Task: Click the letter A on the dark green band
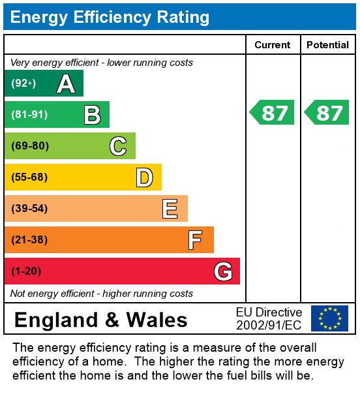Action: point(65,84)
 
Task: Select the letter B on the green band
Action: point(92,115)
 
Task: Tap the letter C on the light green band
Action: point(117,146)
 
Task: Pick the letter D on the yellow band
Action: point(144,177)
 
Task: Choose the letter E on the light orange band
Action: point(170,209)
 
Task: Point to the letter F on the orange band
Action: point(195,240)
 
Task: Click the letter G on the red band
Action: point(223,271)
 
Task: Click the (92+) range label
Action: point(23,84)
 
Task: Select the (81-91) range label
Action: point(29,115)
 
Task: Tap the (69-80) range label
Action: point(29,146)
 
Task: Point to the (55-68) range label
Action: point(29,177)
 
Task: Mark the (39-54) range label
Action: point(29,209)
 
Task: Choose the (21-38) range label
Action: point(29,240)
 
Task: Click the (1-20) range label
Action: point(26,271)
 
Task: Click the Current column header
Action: point(273,45)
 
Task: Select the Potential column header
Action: point(327,45)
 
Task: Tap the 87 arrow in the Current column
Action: point(273,113)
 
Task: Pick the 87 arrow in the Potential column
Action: point(327,113)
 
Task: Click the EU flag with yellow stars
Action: point(329,318)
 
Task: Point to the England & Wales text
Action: point(100,320)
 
